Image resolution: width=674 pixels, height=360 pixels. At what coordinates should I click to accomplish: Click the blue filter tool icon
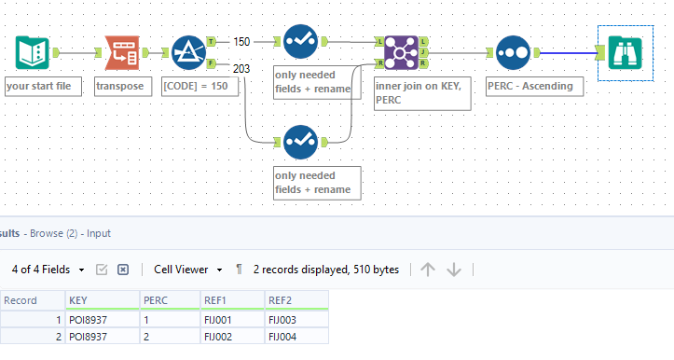tap(190, 54)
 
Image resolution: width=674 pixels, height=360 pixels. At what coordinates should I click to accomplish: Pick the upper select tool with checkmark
tap(300, 42)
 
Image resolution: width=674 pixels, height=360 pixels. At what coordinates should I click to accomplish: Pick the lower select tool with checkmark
tap(300, 142)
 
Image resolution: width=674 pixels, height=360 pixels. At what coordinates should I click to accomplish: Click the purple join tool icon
tap(401, 54)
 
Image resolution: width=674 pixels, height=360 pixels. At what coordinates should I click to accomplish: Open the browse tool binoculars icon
tap(620, 53)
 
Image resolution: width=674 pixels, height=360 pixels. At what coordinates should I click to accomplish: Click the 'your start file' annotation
tap(44, 87)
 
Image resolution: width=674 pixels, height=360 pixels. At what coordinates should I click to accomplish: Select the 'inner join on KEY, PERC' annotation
tap(420, 94)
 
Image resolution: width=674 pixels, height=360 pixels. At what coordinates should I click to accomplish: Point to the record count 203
tap(241, 67)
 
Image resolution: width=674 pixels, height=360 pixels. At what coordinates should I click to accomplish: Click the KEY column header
tap(78, 300)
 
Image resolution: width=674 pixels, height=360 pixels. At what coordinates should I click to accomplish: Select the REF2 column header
tap(280, 300)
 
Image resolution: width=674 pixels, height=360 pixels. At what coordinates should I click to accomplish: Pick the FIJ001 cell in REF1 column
tap(219, 319)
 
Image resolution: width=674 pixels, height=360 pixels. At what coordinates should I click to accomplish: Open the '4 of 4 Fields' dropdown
tap(48, 269)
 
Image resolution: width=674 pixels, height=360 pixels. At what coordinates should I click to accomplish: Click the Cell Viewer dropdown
tap(187, 269)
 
